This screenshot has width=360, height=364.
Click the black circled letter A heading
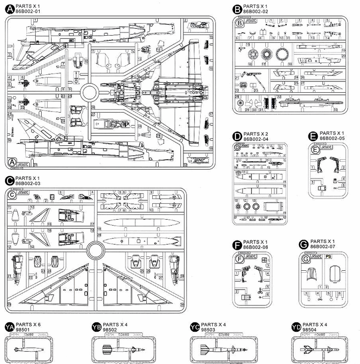(9, 8)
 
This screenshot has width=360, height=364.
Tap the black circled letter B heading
(237, 8)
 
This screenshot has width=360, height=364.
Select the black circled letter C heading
(10, 181)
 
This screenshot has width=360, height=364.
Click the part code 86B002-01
(28, 10)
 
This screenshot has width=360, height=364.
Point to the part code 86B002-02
(256, 10)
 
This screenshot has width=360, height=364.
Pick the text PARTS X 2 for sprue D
(255, 134)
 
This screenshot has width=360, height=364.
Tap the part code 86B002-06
(255, 246)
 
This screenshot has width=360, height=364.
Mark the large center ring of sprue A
(89, 93)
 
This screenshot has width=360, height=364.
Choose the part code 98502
(110, 329)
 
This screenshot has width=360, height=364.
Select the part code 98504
(309, 329)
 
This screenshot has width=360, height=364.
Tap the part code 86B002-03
(28, 183)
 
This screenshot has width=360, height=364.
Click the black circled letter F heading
(237, 244)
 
